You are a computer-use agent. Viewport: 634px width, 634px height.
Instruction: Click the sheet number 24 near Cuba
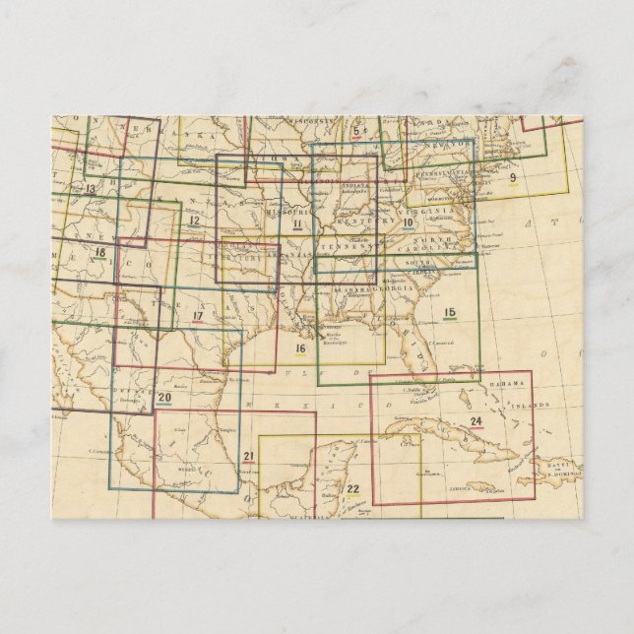(x=476, y=422)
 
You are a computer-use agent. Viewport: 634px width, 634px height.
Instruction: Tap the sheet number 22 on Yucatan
(x=353, y=489)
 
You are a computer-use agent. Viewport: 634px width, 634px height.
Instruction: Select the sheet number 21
(x=249, y=456)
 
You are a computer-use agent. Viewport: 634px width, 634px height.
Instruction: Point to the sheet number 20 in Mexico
(x=164, y=398)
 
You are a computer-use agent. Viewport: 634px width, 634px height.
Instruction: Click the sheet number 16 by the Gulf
(x=301, y=348)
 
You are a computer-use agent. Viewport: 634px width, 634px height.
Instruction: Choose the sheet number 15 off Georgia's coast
(x=450, y=313)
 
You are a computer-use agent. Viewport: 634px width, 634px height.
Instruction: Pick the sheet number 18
(x=99, y=251)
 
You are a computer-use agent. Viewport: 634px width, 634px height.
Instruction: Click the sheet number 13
(x=90, y=187)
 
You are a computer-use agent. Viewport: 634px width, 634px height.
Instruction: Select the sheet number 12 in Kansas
(x=196, y=219)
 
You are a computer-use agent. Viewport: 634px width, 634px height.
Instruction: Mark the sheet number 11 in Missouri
(x=296, y=224)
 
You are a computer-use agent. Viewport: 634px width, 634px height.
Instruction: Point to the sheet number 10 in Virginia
(x=407, y=222)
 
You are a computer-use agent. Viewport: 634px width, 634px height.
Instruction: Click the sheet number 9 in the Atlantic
(x=512, y=178)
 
